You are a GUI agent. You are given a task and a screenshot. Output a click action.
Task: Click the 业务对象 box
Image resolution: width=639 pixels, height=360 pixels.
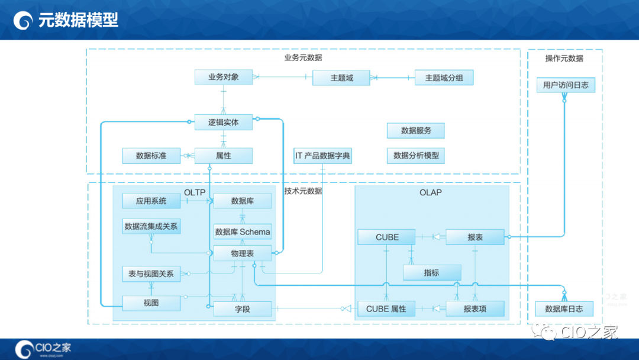224,77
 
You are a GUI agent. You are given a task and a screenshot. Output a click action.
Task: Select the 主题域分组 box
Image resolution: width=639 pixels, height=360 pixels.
444,78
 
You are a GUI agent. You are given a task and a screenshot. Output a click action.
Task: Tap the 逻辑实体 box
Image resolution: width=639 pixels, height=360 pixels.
224,123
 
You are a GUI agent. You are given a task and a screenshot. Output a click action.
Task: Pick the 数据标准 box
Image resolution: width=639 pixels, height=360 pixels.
151,156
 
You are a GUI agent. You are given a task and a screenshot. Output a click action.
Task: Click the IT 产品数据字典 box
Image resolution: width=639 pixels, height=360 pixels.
322,156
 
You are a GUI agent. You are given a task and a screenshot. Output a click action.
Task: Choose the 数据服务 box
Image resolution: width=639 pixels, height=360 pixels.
416,131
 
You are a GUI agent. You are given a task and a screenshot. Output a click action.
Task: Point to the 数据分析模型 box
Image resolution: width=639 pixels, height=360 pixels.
416,156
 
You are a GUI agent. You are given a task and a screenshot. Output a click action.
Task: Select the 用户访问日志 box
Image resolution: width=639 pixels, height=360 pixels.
566,85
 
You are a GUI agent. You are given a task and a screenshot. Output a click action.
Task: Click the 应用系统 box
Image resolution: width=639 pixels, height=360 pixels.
151,201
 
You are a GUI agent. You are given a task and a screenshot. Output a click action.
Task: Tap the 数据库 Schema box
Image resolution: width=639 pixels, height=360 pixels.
243,232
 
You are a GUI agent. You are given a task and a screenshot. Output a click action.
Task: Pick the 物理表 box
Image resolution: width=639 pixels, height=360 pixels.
243,253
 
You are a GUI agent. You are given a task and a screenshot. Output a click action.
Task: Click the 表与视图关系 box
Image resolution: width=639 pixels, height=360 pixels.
151,274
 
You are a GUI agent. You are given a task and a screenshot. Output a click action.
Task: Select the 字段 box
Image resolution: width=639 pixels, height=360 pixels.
243,308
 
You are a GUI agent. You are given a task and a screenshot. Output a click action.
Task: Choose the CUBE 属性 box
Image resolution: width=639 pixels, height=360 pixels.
386,308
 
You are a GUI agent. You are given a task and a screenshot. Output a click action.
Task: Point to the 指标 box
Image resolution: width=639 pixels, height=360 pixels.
431,272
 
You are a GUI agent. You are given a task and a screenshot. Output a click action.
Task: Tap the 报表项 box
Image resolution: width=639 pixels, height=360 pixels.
475,308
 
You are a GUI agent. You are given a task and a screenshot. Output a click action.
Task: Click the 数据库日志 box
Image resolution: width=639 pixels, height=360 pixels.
564,308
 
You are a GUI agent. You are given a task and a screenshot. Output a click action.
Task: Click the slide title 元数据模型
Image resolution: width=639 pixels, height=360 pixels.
78,20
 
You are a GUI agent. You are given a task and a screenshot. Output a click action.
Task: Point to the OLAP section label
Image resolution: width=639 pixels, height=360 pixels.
430,192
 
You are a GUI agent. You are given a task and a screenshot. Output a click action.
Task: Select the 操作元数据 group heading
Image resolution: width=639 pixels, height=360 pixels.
564,58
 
